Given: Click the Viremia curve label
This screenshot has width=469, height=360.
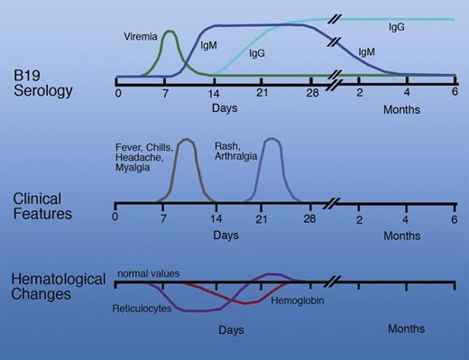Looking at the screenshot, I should (142, 37).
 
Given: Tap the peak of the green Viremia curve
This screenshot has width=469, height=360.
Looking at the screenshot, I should (169, 32).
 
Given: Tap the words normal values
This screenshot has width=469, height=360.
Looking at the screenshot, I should (148, 272).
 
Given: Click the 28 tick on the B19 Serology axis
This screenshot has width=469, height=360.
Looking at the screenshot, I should (310, 93).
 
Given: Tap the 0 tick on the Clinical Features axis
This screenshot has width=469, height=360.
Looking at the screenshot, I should (116, 217).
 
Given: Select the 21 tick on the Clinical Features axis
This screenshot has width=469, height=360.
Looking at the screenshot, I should (262, 217).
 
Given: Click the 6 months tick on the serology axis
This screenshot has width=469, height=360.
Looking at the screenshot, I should (455, 93).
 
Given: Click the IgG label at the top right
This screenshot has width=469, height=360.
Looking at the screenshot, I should (396, 29).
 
